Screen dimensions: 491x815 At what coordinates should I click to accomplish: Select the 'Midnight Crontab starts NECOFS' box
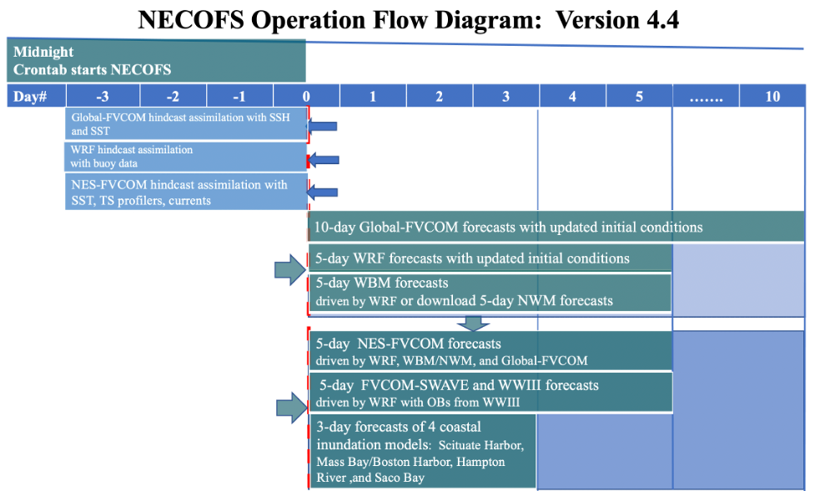[x=156, y=61]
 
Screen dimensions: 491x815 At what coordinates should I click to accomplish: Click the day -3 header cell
[x=103, y=97]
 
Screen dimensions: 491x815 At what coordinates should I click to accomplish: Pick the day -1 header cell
[x=239, y=97]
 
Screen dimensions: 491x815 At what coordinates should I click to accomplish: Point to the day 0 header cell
[x=306, y=97]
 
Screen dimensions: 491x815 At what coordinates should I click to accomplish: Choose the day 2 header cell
[x=439, y=97]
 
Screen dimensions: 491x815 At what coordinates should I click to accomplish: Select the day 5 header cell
[x=639, y=97]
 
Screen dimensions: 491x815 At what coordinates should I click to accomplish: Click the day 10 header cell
[x=772, y=97]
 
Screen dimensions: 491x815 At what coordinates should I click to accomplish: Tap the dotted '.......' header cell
[x=706, y=97]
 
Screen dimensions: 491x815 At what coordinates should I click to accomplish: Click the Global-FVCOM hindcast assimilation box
[x=186, y=124]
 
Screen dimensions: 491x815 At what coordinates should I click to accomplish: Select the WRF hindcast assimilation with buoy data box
[x=186, y=157]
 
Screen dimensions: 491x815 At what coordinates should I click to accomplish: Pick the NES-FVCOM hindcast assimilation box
[x=186, y=192]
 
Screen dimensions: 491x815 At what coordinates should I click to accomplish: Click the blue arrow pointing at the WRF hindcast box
[x=324, y=159]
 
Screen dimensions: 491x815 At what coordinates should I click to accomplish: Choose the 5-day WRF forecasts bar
[x=490, y=258]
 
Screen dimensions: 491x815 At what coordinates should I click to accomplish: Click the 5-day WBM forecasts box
[x=490, y=292]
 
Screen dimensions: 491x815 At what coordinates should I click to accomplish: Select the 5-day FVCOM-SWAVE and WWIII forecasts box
[x=490, y=392]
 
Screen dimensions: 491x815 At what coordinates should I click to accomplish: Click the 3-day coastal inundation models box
[x=422, y=451]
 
